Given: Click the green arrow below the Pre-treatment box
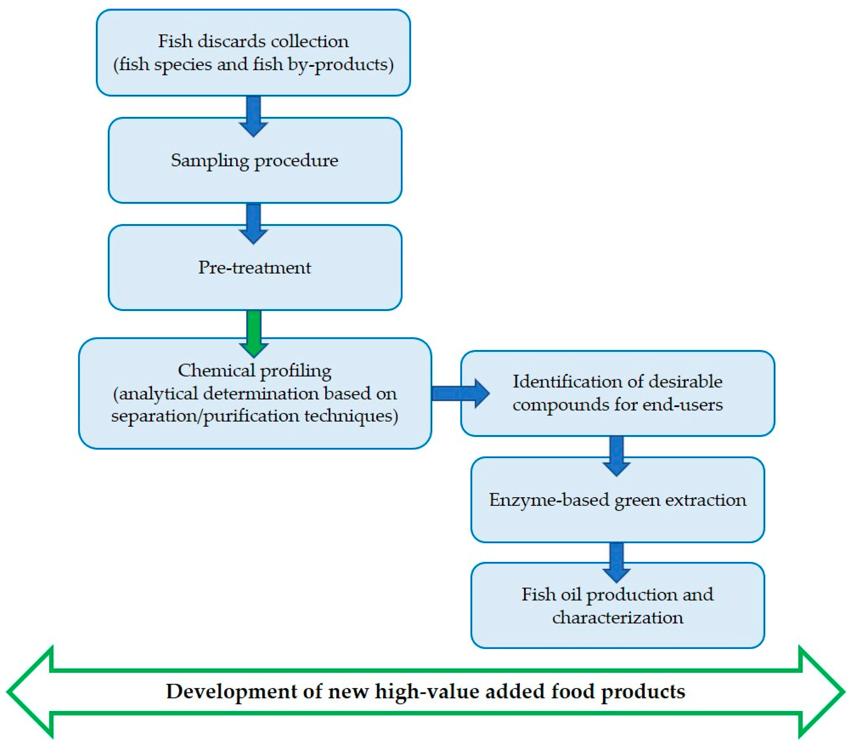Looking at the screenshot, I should pyautogui.click(x=254, y=333).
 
